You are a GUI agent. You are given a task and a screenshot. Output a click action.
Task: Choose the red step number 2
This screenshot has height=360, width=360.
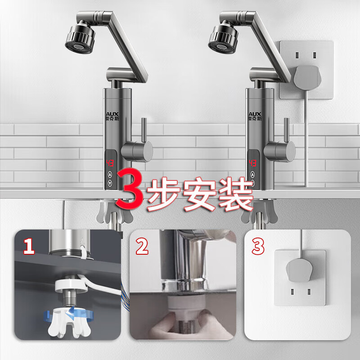pos(142,246)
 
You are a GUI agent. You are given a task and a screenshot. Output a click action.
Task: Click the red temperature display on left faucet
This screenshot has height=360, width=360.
pos(111,162)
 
